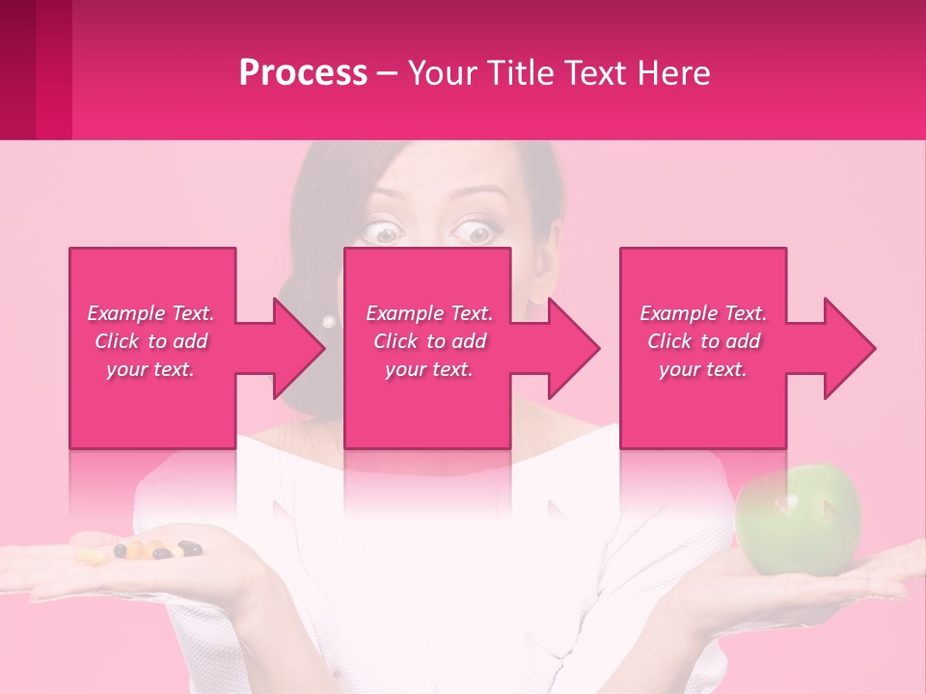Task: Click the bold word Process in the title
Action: coord(303,73)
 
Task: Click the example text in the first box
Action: coord(150,341)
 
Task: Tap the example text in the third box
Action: coord(703,341)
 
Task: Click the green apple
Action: coord(798,520)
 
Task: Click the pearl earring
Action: coord(329,321)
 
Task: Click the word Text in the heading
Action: coord(592,73)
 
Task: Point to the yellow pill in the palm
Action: coord(92,556)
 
